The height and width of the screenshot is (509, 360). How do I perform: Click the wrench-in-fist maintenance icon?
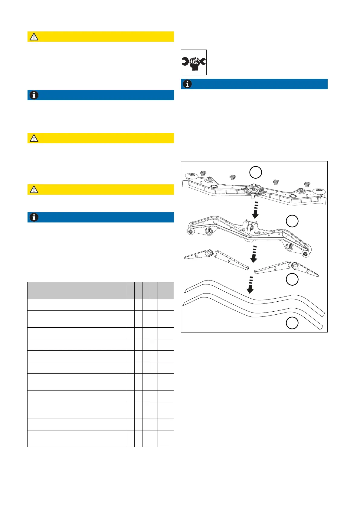pos(194,62)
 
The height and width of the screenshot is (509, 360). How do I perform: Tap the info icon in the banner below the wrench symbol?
pos(187,84)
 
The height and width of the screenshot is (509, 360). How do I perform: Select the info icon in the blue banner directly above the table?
pos(34,217)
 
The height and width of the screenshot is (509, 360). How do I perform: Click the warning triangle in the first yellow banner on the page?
pos(34,37)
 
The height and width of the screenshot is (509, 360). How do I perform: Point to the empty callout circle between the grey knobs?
pos(256,173)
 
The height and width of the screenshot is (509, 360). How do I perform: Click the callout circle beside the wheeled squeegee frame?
pos(292,221)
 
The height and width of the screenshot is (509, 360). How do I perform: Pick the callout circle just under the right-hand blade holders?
pos(292,279)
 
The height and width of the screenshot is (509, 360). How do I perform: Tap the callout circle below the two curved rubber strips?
pos(292,323)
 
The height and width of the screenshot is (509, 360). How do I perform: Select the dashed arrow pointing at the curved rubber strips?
pos(250,285)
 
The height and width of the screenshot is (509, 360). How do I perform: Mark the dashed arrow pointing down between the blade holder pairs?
pos(254,254)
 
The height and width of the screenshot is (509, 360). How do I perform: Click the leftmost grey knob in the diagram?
pos(203,173)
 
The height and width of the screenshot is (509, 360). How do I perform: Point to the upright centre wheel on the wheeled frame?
pos(250,228)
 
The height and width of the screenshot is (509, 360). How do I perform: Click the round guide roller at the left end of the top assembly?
pos(191,176)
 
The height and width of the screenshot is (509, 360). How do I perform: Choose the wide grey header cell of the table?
pos(77,290)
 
